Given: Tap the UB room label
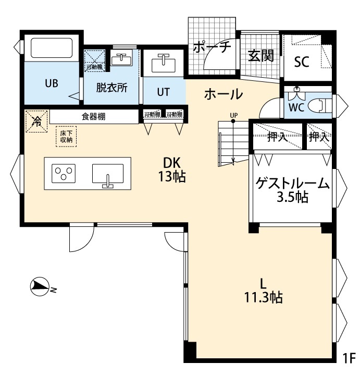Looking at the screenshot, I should pyautogui.click(x=51, y=83).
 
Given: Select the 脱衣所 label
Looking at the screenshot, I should pyautogui.click(x=111, y=88).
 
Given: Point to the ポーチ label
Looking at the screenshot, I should pyautogui.click(x=211, y=47).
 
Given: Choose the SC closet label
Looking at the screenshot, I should pyautogui.click(x=302, y=62).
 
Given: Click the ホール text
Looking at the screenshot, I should pyautogui.click(x=223, y=94).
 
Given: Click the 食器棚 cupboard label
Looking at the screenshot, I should pyautogui.click(x=93, y=116).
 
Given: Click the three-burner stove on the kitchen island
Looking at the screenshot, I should pyautogui.click(x=64, y=173).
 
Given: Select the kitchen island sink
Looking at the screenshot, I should pyautogui.click(x=108, y=174).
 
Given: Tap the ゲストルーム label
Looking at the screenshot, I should pyautogui.click(x=292, y=184).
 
